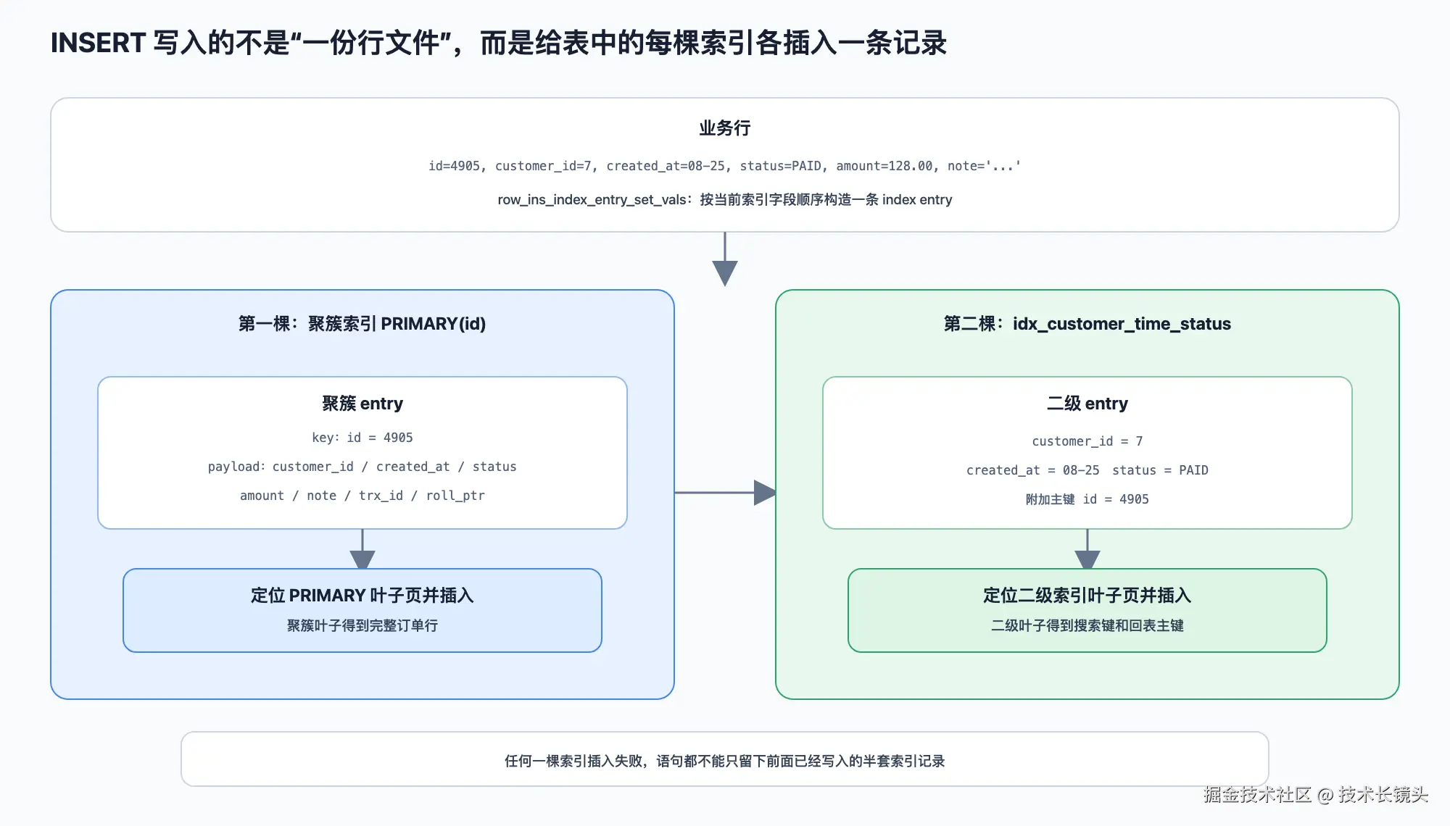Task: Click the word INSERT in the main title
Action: [98, 43]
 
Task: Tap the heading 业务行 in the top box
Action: [724, 128]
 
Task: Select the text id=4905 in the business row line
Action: [454, 166]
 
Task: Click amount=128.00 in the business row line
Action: [884, 166]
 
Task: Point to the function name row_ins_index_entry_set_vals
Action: [592, 200]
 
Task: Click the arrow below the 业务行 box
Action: [724, 259]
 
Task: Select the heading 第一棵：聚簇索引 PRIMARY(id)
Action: [362, 324]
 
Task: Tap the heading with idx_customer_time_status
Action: [1087, 324]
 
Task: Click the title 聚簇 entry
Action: [362, 404]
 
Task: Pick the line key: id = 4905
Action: [362, 438]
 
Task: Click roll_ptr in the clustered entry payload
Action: [455, 496]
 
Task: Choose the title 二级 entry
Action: [1087, 404]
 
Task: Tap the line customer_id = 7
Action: [1087, 441]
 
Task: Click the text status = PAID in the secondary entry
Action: [1160, 470]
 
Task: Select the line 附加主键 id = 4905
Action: [1087, 499]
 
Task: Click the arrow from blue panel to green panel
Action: [726, 493]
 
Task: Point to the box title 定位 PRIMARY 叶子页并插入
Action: [362, 596]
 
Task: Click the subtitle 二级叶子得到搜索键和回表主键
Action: [1087, 625]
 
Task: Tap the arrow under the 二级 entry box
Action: [1087, 549]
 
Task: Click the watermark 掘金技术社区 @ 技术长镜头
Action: [1315, 795]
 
